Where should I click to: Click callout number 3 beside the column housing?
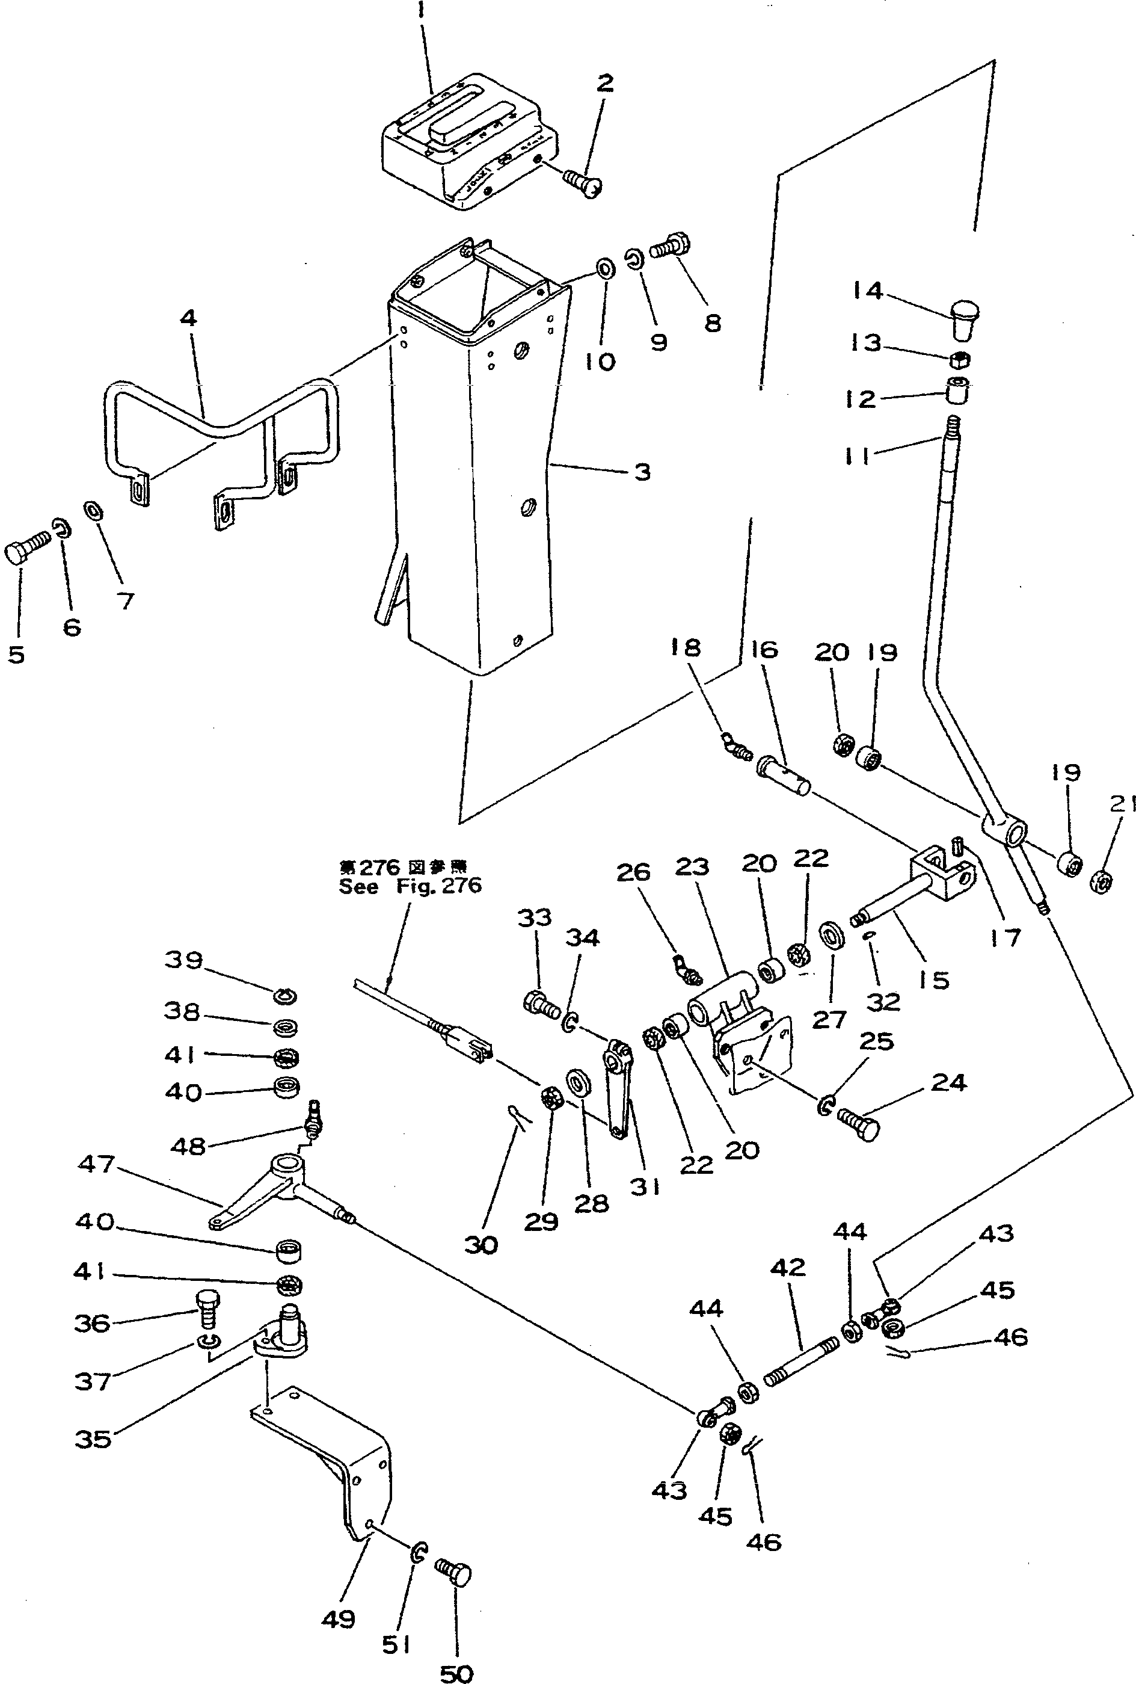click(x=642, y=472)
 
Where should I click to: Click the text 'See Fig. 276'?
click(x=410, y=886)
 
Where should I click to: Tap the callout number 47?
click(x=97, y=1165)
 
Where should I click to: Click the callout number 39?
click(x=183, y=960)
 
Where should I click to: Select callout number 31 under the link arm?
click(x=645, y=1186)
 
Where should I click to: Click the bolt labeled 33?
click(x=540, y=1004)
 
